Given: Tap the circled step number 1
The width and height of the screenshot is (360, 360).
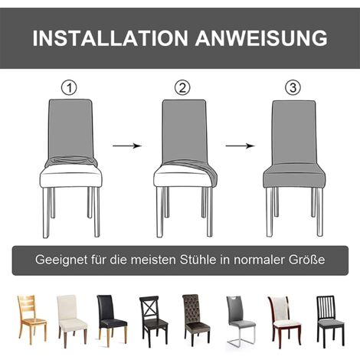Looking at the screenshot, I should pos(70,87).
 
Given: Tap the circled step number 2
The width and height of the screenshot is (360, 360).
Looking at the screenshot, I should pos(182,87).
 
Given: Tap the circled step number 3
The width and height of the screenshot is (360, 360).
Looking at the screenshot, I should pos(293,87).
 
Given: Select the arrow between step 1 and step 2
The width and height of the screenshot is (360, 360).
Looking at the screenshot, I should pos(126,145).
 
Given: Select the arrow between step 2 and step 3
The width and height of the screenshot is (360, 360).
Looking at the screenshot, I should pos(240,145).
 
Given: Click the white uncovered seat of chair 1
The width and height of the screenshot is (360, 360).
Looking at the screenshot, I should pos(71,178).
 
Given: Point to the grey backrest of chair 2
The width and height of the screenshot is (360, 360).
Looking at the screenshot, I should pos(184,130).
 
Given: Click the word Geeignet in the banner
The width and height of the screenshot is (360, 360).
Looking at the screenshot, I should pos(61,260).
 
